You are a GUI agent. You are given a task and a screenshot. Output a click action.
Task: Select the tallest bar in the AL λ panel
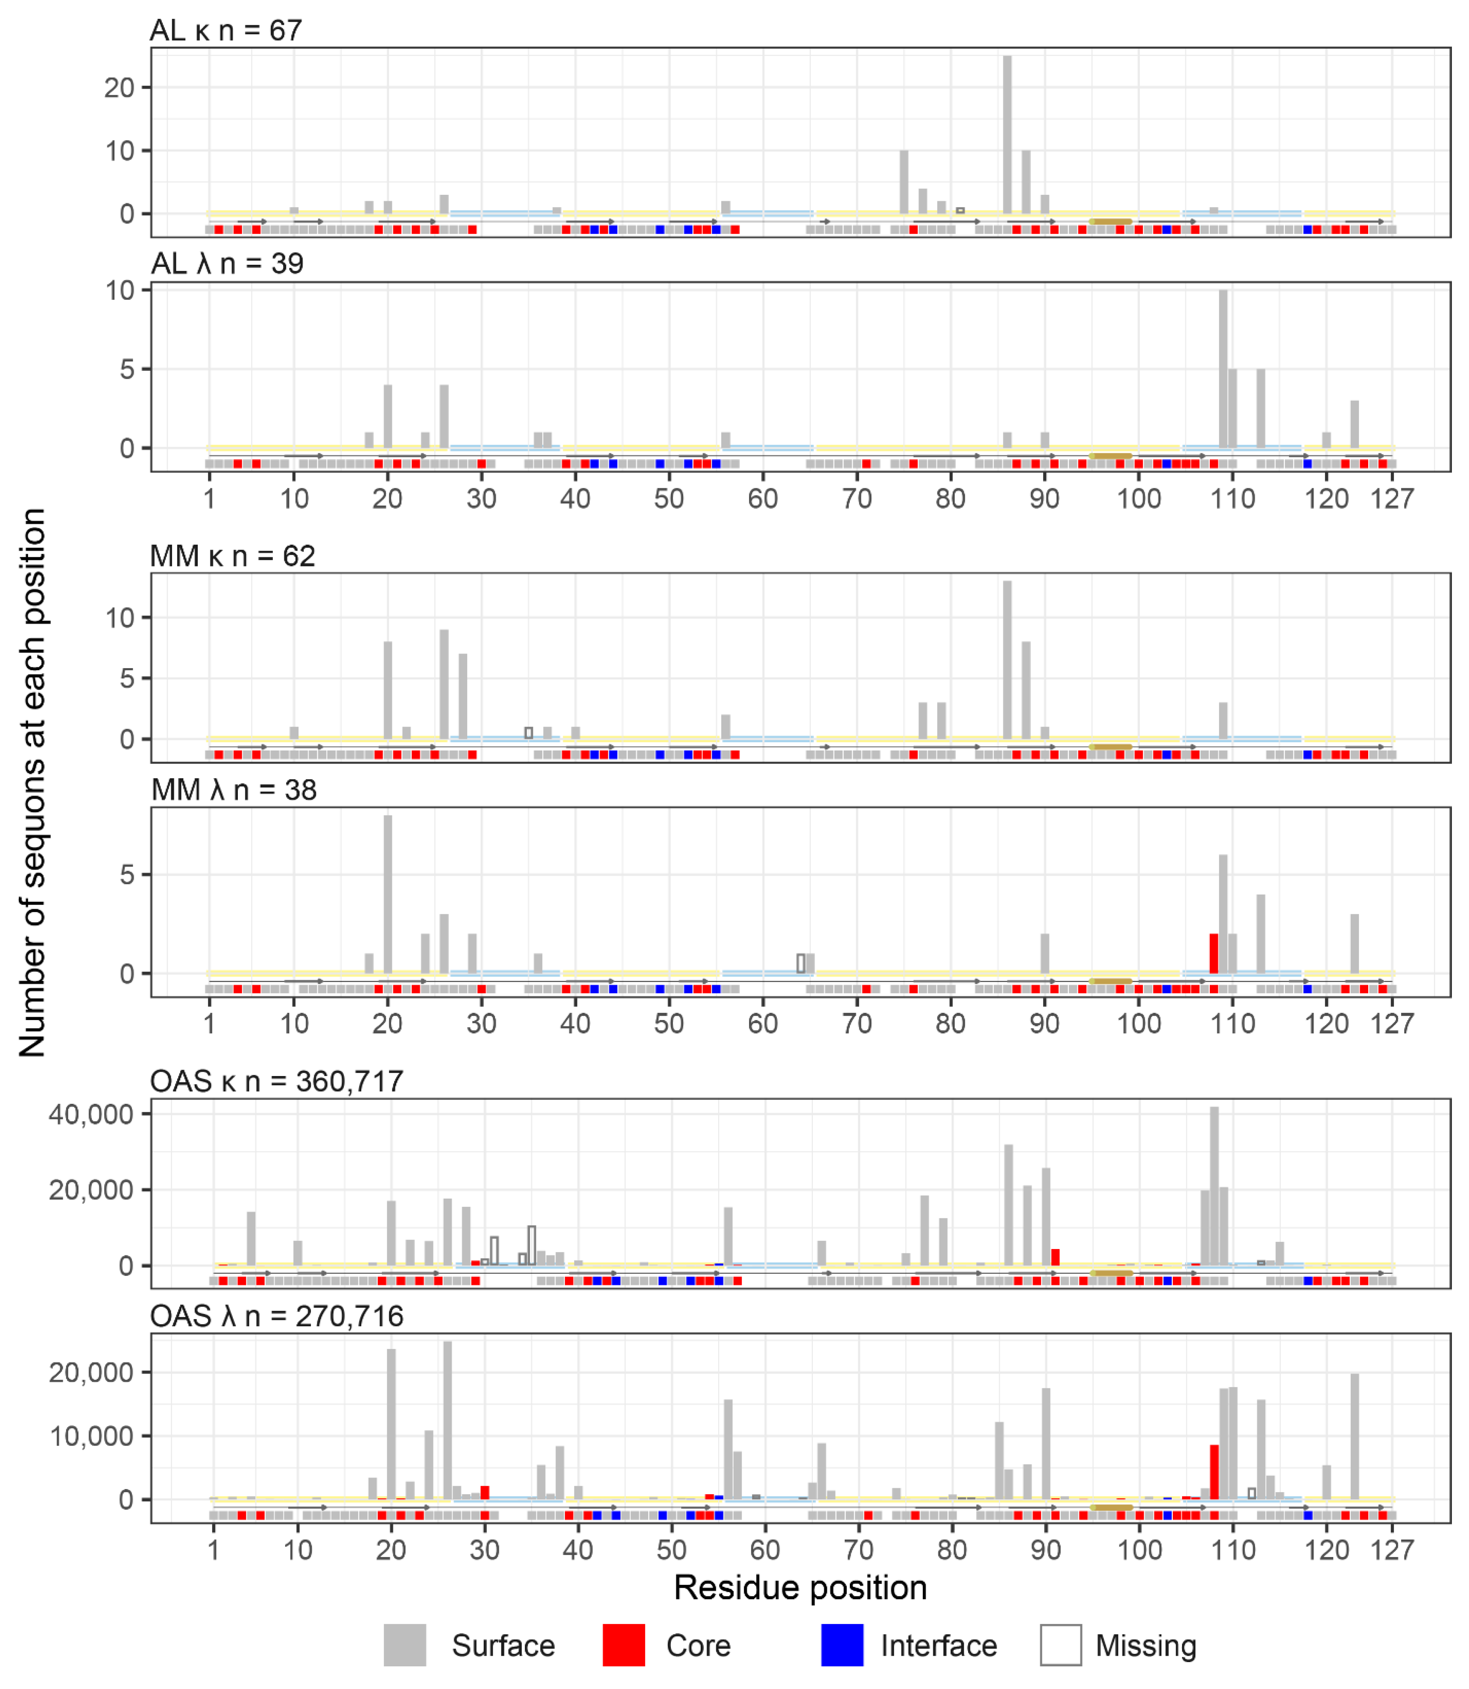coord(1223,369)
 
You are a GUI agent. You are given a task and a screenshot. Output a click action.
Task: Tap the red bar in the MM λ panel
coord(1214,953)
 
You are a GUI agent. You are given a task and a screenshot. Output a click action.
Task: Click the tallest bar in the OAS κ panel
coord(1214,1186)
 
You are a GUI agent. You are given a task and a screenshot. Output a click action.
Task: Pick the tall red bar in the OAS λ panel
coord(1214,1473)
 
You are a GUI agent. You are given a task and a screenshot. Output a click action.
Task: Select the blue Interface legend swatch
coord(842,1645)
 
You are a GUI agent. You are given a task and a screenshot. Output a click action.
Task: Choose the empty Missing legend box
coord(1061,1645)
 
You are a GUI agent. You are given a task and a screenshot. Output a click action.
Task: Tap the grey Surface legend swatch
coord(405,1645)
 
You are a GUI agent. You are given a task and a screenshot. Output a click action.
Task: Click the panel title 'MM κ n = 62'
coord(233,556)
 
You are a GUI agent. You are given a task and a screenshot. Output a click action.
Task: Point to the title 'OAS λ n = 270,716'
coord(277,1316)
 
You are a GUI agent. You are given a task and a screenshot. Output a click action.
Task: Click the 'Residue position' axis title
coord(800,1588)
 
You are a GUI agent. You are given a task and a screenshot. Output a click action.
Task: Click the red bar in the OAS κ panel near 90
coord(1055,1257)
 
